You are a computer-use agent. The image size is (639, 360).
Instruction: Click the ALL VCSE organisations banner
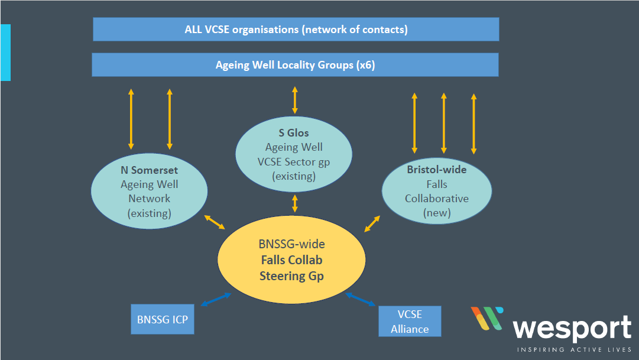(296, 29)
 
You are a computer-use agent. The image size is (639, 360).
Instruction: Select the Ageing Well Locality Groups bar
(295, 64)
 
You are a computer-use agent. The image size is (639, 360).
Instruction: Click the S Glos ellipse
(294, 154)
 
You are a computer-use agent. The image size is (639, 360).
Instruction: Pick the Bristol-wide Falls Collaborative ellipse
(436, 191)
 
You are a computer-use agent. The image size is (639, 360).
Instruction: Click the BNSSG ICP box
(162, 319)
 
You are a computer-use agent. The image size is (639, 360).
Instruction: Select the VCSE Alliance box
(409, 321)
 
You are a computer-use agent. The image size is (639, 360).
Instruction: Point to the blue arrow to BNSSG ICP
(216, 299)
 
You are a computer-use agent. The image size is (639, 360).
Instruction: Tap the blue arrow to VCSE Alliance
(361, 299)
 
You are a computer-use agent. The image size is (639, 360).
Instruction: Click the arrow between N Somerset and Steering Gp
(215, 222)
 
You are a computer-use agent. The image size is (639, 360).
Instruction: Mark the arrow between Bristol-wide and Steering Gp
(372, 223)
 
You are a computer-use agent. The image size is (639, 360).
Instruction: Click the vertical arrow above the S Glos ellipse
(294, 100)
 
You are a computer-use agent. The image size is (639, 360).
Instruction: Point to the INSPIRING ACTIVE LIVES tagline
(574, 350)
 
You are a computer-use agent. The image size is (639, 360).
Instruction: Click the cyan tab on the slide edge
(5, 52)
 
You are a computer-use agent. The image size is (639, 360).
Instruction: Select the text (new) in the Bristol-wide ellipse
(437, 213)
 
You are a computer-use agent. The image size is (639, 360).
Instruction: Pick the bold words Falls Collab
(291, 260)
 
